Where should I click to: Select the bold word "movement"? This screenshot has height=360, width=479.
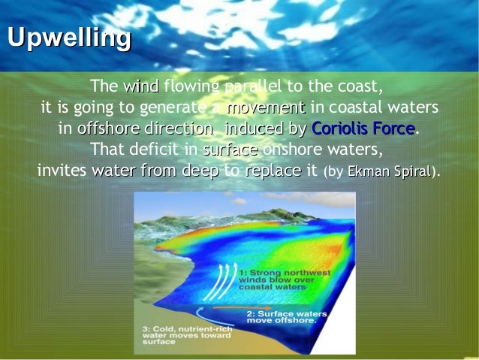pos(266,107)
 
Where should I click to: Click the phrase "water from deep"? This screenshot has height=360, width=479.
pos(155,171)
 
